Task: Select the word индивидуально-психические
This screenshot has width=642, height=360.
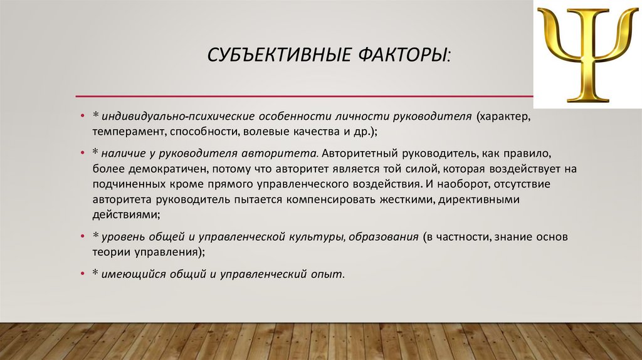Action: click(163, 117)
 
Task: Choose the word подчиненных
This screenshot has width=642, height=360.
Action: click(127, 184)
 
